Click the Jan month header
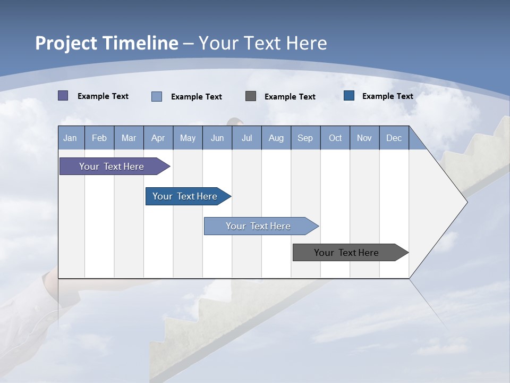70,138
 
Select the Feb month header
99,138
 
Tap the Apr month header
158,138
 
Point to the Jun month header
217,138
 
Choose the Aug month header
276,138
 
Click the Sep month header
305,138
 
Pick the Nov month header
364,138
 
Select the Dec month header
394,138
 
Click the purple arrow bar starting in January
112,166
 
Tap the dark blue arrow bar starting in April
185,196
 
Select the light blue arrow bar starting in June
259,226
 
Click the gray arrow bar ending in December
347,253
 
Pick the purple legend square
63,96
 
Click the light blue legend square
157,96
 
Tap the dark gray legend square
251,96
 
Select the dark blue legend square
349,96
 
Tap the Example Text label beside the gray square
290,97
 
